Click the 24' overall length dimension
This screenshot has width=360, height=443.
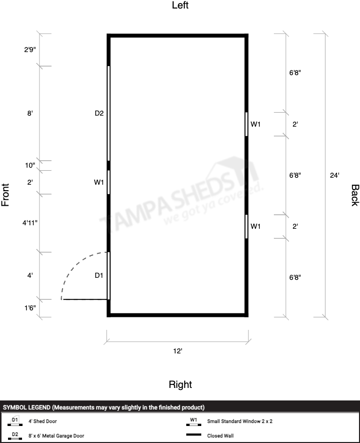click(x=334, y=175)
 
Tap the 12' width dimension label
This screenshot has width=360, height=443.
click(x=177, y=351)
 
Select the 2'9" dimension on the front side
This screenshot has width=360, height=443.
click(x=30, y=50)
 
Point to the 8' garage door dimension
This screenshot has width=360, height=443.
click(x=30, y=113)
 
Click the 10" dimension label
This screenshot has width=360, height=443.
click(x=30, y=165)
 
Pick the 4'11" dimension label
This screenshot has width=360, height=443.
click(x=30, y=223)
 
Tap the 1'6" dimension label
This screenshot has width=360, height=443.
click(x=30, y=308)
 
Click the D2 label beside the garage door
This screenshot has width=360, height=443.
click(x=99, y=113)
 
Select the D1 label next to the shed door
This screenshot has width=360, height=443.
click(x=99, y=275)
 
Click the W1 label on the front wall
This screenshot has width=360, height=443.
click(x=99, y=182)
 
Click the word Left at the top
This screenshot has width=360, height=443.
click(x=180, y=5)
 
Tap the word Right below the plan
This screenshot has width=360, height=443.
click(x=180, y=384)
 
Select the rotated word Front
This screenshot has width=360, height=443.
click(x=6, y=195)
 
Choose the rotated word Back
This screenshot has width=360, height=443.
click(x=355, y=195)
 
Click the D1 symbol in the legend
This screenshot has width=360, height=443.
click(x=15, y=421)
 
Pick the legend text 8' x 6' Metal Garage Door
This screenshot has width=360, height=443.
click(x=56, y=435)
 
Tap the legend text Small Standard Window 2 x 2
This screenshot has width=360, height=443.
click(x=240, y=421)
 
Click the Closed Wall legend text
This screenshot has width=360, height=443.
click(x=220, y=435)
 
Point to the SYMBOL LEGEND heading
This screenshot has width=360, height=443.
click(x=104, y=407)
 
